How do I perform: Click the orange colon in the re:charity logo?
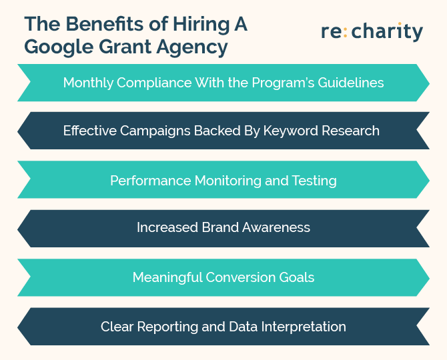(345, 32)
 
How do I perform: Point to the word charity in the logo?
(387, 31)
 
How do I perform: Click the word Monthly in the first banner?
(88, 83)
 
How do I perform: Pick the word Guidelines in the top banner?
(351, 83)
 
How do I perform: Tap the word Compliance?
(154, 83)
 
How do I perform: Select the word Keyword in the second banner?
(290, 131)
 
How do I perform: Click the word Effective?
(90, 131)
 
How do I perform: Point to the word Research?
(350, 131)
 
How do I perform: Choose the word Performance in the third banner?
(151, 181)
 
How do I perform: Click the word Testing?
(314, 181)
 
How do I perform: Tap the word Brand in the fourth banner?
(220, 227)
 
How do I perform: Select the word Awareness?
(276, 227)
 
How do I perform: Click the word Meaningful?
(167, 278)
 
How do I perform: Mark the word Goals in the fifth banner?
(296, 277)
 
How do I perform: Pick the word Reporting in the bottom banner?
(167, 327)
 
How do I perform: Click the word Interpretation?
(304, 327)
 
